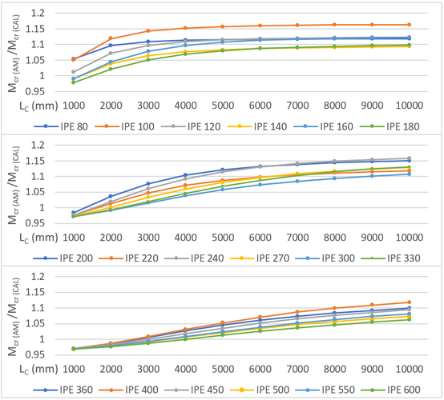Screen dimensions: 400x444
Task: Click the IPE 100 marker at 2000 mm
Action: pyautogui.click(x=111, y=38)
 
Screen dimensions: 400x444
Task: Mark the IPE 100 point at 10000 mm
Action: pyautogui.click(x=409, y=25)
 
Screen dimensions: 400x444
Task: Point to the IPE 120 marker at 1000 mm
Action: pyautogui.click(x=73, y=72)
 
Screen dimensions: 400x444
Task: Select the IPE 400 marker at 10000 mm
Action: pyautogui.click(x=409, y=302)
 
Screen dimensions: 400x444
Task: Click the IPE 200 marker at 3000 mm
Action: pyautogui.click(x=147, y=184)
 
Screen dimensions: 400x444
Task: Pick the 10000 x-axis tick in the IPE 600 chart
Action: pyautogui.click(x=409, y=370)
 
